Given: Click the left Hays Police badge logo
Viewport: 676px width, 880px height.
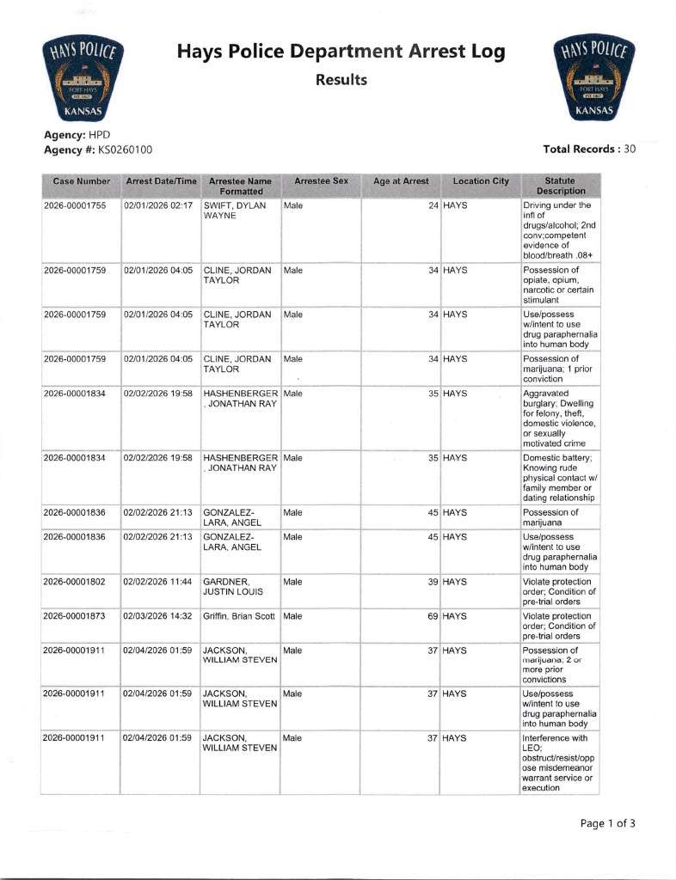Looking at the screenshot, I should click(x=83, y=80).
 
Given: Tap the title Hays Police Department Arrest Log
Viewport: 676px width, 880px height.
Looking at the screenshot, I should click(x=341, y=52).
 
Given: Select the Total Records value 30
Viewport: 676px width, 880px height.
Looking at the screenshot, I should click(x=630, y=149).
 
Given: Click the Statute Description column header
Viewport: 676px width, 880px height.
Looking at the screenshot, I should click(x=560, y=186).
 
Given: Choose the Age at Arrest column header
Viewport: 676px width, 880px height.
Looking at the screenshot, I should click(x=401, y=181).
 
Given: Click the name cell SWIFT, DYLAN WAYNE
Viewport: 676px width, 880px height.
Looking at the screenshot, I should click(x=235, y=211).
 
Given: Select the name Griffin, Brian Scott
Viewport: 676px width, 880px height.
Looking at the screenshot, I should click(x=240, y=617).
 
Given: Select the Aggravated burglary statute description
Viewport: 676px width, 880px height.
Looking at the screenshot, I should click(x=559, y=418).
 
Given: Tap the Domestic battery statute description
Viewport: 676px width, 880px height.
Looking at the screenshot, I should click(x=559, y=478).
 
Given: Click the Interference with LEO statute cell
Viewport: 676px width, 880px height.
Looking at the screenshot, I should click(x=559, y=762).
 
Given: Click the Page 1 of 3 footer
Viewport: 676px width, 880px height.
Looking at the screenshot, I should click(x=607, y=823).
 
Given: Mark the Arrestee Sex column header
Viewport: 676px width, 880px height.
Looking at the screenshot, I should click(x=321, y=181).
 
